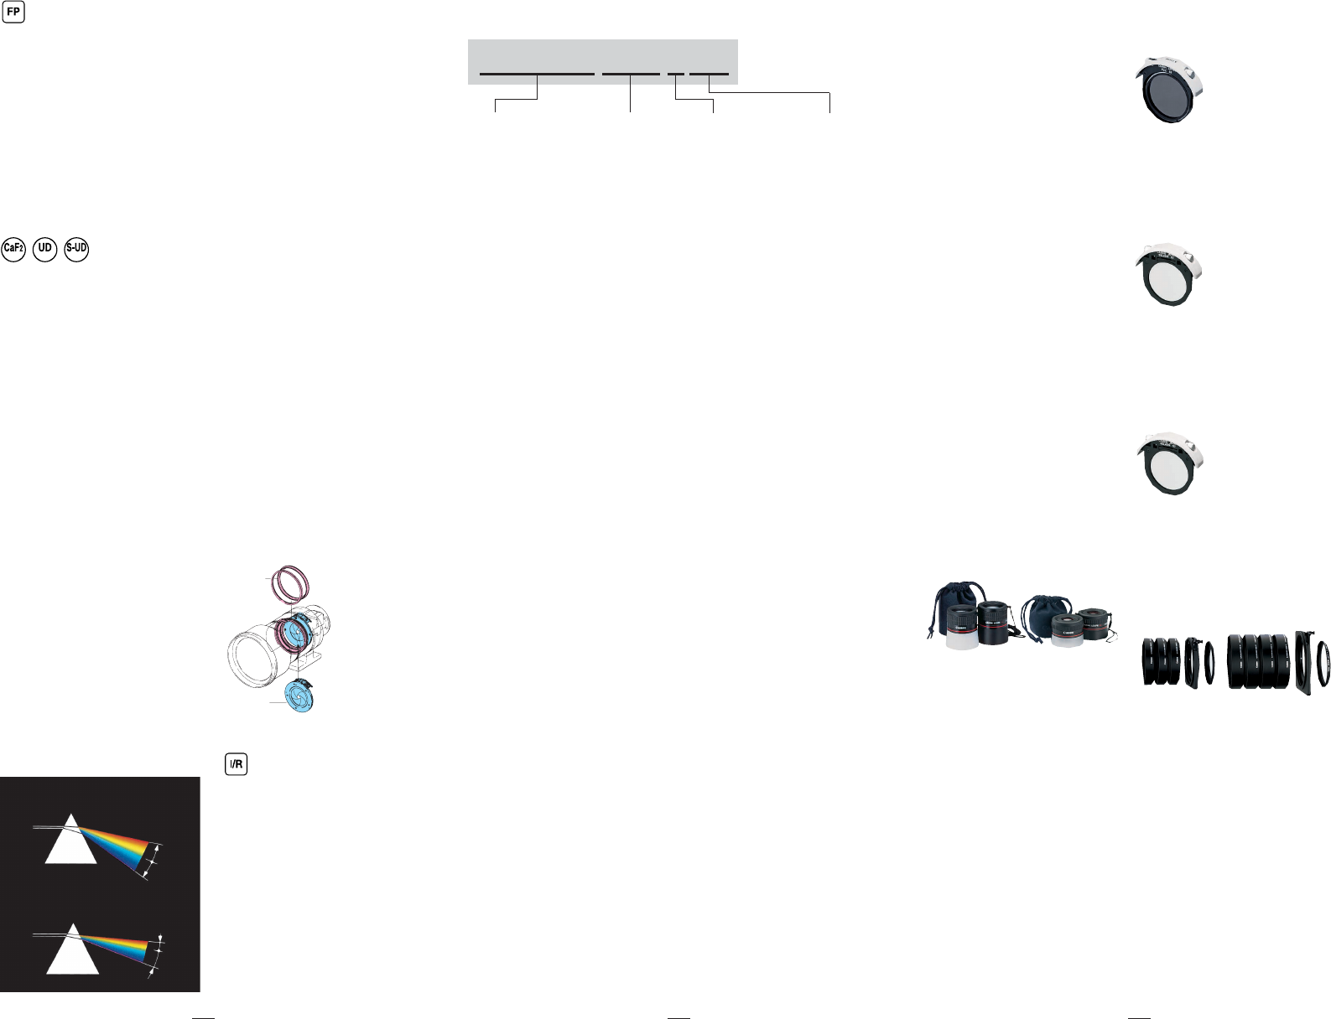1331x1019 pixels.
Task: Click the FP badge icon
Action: (x=13, y=13)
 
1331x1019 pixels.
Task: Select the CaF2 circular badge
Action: (x=13, y=249)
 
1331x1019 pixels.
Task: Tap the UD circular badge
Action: (x=45, y=249)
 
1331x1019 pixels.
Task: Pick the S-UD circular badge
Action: (x=76, y=249)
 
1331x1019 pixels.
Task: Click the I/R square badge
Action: (x=237, y=764)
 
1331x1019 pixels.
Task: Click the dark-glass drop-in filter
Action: (x=1169, y=93)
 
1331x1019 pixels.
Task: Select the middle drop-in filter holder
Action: (x=1169, y=276)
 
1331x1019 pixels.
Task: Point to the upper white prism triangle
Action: (x=71, y=841)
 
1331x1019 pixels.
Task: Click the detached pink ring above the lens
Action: (x=293, y=583)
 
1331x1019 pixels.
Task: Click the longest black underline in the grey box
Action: (x=537, y=74)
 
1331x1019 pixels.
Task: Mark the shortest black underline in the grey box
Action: (x=675, y=74)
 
